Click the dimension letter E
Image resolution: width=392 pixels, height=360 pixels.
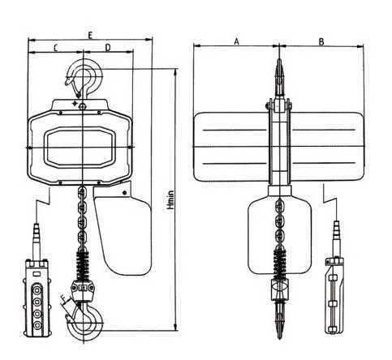(x=90, y=36)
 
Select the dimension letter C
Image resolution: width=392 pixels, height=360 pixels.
(x=55, y=48)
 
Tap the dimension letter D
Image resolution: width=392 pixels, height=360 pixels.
(x=108, y=48)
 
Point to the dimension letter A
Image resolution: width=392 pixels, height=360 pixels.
(x=236, y=41)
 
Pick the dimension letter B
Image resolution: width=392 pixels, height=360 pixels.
(x=321, y=41)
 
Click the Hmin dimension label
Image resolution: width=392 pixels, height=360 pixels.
(x=170, y=199)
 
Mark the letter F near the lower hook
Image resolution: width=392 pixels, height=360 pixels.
(x=63, y=298)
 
